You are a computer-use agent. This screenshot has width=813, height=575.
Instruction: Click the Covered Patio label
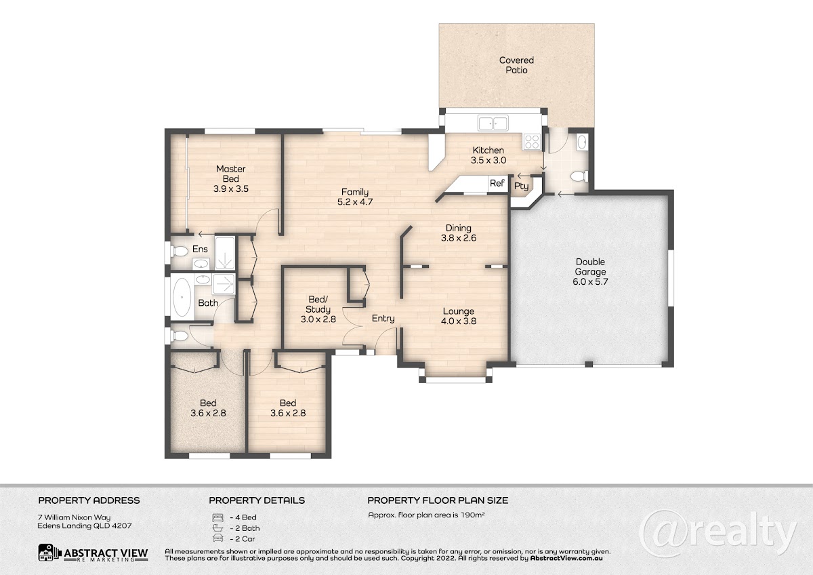click(516, 65)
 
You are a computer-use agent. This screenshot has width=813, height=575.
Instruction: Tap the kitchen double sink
click(493, 123)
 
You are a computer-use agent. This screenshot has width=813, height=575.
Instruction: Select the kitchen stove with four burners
click(532, 141)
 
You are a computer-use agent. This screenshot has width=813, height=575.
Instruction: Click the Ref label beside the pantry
click(497, 183)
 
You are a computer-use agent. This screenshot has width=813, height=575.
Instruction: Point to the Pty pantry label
click(521, 186)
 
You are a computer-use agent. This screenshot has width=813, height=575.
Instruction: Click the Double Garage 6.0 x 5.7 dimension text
click(590, 281)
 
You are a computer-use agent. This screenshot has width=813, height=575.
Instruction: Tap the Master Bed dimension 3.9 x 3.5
click(231, 189)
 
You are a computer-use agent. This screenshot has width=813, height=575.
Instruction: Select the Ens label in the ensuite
click(200, 249)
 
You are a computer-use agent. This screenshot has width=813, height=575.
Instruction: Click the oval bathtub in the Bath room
click(182, 297)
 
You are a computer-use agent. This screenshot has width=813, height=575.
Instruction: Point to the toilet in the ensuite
click(180, 251)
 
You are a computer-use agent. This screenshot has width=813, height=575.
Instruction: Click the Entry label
click(383, 319)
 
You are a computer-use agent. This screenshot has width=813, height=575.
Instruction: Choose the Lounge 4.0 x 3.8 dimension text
click(459, 321)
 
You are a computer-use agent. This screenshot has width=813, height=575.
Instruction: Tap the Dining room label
click(459, 228)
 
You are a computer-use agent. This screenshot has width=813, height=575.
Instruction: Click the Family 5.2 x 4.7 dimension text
click(355, 202)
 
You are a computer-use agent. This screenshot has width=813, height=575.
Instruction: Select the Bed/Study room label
click(318, 304)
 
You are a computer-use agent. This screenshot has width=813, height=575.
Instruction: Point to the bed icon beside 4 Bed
click(217, 517)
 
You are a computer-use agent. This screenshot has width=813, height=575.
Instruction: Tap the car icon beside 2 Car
click(217, 538)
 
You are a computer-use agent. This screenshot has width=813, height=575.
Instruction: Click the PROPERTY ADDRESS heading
click(89, 500)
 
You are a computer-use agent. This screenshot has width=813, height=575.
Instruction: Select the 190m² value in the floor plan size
click(473, 515)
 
